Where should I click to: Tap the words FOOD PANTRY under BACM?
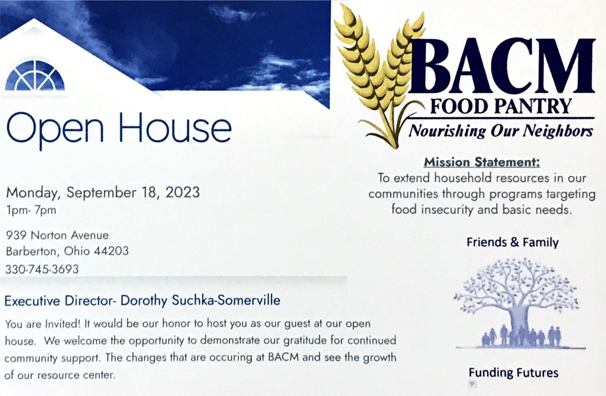point(500,107)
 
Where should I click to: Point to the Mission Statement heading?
point(482,162)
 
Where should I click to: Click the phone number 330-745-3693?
point(42,269)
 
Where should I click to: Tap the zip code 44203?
point(111,251)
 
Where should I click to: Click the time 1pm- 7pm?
point(31,210)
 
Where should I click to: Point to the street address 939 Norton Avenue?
point(57,235)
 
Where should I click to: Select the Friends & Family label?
point(513,242)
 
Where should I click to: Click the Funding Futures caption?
point(513,373)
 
